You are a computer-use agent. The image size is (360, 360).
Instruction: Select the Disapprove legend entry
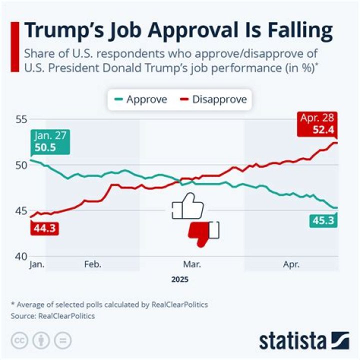pos(213,99)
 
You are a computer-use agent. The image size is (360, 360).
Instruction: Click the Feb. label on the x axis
pos(93,264)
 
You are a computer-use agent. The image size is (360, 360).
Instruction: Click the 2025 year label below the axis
pos(179,279)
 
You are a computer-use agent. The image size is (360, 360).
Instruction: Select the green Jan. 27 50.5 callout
pos(50,141)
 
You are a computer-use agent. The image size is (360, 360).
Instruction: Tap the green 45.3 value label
pos(322,219)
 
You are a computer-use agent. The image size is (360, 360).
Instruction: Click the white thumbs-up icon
pos(186,206)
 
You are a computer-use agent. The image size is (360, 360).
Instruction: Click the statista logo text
pos(292,341)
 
